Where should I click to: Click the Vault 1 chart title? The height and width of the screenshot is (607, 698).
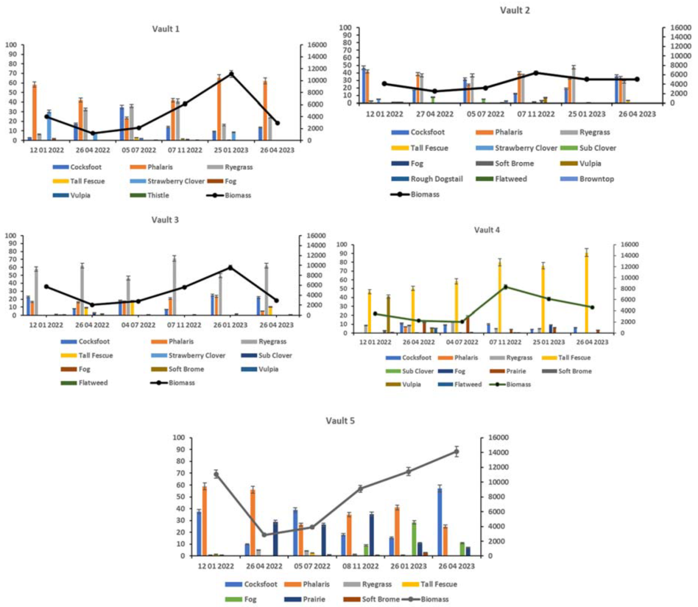[166, 29]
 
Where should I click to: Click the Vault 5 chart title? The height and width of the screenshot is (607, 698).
[340, 421]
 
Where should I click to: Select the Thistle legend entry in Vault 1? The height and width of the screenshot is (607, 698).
[158, 195]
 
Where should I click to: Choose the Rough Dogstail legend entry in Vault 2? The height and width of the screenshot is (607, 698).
[436, 179]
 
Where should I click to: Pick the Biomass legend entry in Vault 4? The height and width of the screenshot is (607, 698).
[518, 384]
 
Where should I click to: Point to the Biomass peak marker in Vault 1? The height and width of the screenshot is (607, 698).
[231, 74]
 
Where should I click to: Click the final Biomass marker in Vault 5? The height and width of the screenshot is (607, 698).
[456, 452]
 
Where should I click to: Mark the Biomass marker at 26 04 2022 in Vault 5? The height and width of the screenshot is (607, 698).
[264, 535]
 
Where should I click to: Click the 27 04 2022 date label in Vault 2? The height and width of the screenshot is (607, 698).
[434, 114]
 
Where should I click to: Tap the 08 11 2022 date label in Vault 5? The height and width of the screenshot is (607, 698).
[361, 566]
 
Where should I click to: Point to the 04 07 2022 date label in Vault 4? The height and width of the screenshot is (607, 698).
[462, 342]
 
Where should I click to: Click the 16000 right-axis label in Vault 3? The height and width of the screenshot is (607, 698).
[315, 236]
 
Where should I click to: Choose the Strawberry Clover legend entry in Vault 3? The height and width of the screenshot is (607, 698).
[197, 355]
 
